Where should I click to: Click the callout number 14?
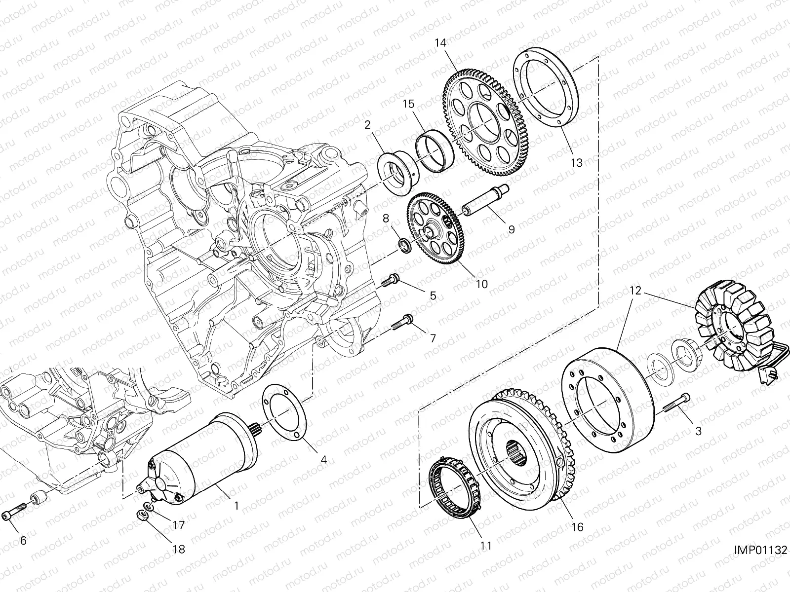click(x=440, y=43)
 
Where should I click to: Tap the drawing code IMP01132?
click(x=760, y=550)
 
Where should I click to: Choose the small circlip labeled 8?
click(x=404, y=245)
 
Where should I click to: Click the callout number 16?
click(x=577, y=527)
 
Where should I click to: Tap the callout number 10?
click(x=481, y=284)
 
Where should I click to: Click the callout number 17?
click(x=178, y=525)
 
